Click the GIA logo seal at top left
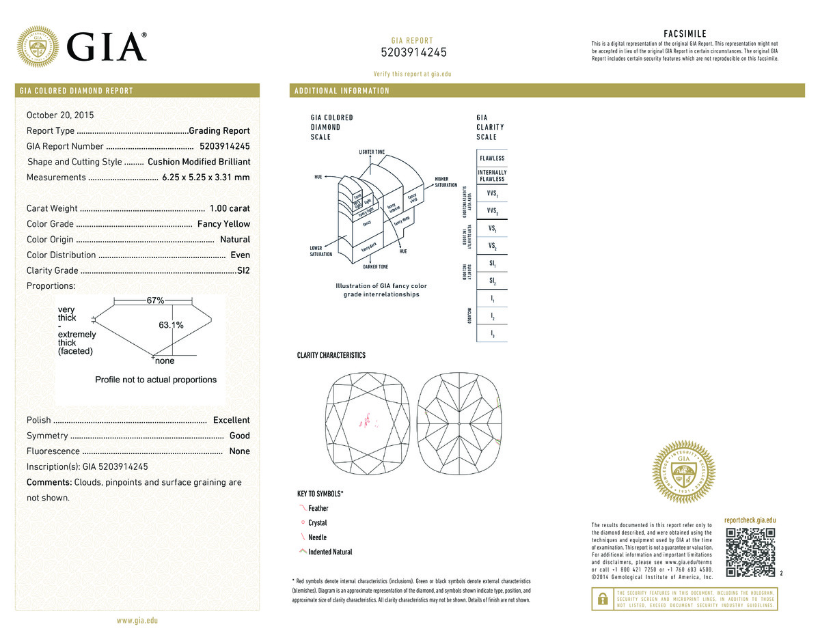38,46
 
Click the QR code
750,552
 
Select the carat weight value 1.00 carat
230,208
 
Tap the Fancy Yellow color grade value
223,224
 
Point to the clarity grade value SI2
243,270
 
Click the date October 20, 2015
60,115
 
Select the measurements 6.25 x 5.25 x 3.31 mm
206,178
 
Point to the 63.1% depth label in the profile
171,326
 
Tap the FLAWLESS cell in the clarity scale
491,158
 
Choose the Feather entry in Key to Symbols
318,508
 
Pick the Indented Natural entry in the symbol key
330,552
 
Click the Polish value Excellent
231,420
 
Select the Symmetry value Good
239,436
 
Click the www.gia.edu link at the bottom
137,621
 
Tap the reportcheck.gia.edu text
750,520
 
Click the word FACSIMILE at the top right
685,33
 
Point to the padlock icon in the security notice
603,598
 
